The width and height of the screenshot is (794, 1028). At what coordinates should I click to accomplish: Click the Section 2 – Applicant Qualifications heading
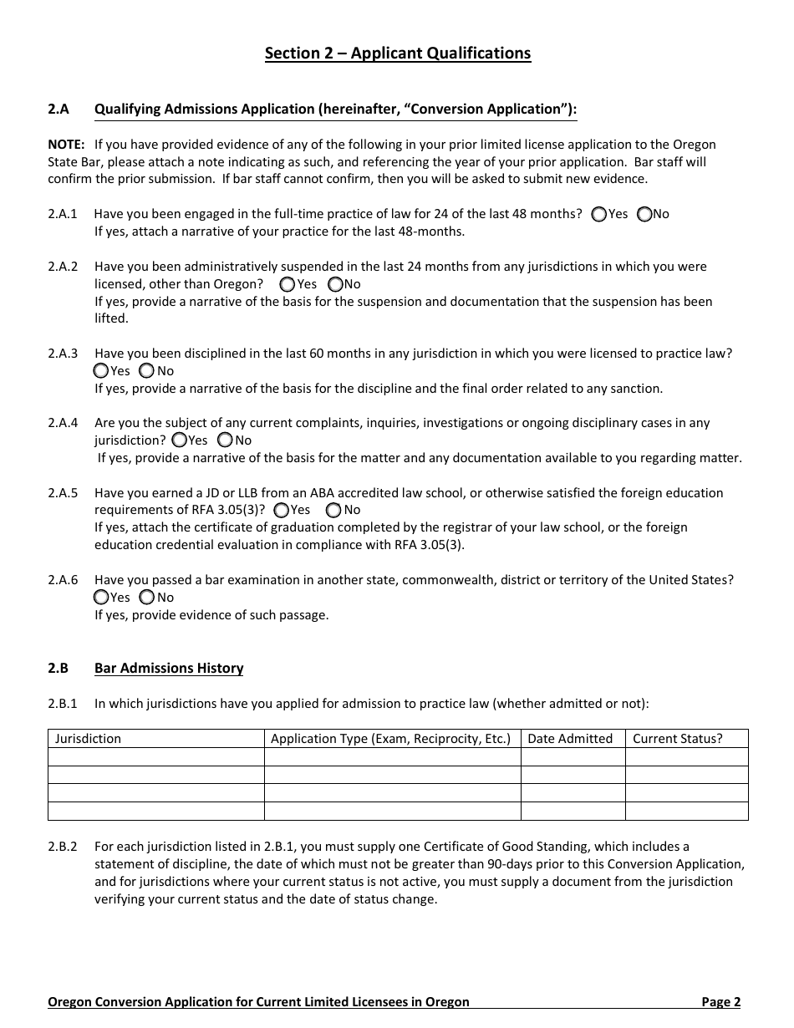(x=397, y=53)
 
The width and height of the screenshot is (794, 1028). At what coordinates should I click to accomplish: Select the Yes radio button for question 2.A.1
(x=598, y=214)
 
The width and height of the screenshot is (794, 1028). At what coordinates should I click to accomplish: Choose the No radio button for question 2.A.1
(x=644, y=214)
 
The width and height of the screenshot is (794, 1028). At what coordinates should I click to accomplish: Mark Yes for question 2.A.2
(x=288, y=284)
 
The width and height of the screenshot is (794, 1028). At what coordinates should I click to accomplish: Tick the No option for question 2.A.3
(x=147, y=370)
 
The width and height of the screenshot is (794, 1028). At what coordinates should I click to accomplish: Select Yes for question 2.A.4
(x=180, y=440)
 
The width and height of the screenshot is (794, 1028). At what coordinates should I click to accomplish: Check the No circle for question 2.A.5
(x=334, y=509)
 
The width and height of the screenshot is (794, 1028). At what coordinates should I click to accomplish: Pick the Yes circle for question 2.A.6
(x=102, y=597)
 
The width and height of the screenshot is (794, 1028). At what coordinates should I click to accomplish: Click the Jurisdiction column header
(x=88, y=739)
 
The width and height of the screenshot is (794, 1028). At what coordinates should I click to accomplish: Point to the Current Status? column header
(x=677, y=739)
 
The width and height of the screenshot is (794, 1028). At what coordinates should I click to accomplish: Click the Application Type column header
(x=390, y=739)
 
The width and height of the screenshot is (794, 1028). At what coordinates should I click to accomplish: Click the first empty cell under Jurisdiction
(x=156, y=756)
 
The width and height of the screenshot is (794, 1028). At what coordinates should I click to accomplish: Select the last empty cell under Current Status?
(x=686, y=811)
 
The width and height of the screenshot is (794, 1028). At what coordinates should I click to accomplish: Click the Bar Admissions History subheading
(x=169, y=668)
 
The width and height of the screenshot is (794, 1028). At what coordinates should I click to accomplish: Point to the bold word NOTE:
(x=66, y=144)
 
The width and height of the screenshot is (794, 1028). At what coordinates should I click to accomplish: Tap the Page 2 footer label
(x=720, y=1001)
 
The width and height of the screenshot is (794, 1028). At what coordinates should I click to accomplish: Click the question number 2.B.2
(x=63, y=847)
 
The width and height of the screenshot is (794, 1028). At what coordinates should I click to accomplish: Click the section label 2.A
(x=58, y=109)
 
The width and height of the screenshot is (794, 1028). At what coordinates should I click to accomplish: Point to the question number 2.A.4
(x=63, y=423)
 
